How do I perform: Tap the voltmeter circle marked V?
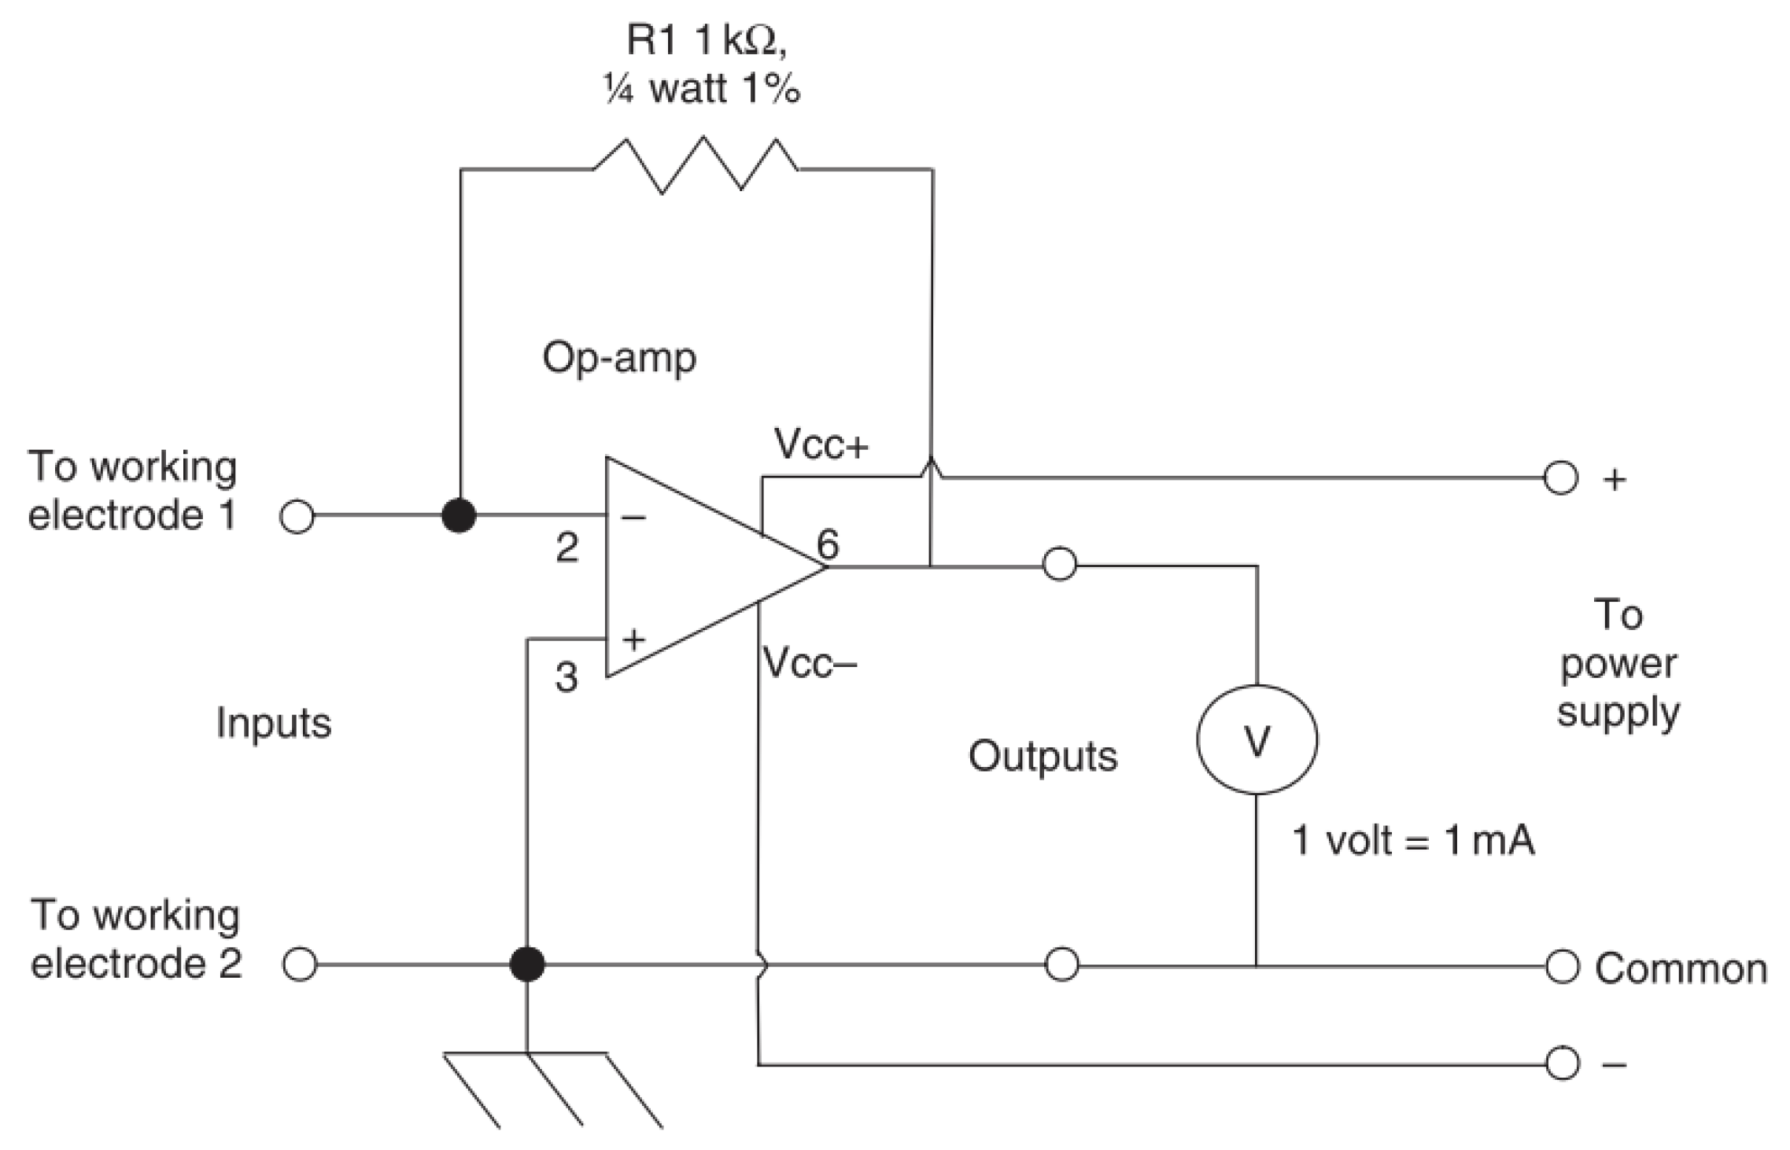(x=1257, y=739)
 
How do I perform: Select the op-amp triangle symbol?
(x=692, y=566)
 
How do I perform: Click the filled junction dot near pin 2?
(x=459, y=517)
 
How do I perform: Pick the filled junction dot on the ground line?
(x=526, y=964)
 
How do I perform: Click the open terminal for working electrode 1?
(x=297, y=518)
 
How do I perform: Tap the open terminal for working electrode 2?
(x=299, y=964)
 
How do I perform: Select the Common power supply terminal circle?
(x=1562, y=967)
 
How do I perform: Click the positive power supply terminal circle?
(x=1561, y=477)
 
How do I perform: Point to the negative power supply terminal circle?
(x=1562, y=1064)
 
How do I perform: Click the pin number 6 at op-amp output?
(x=828, y=544)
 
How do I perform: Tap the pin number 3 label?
(x=566, y=677)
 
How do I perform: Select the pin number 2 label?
(x=567, y=547)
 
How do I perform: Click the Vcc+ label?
(x=821, y=445)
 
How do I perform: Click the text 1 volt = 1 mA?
(x=1413, y=841)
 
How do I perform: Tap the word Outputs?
(x=1042, y=757)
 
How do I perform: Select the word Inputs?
(x=273, y=723)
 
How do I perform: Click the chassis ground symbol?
(x=551, y=1089)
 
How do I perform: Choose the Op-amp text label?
(x=619, y=359)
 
